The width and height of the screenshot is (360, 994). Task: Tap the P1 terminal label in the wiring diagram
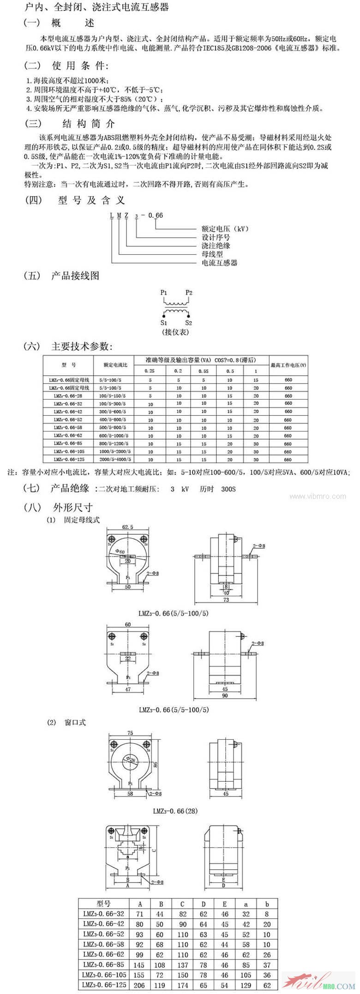tap(164, 293)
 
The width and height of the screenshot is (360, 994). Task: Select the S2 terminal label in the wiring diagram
tap(188, 323)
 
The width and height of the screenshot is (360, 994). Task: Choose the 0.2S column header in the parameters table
tap(150, 371)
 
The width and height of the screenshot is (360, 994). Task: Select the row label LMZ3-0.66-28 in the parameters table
tap(68, 396)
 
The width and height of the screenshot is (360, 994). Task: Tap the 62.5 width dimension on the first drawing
tap(128, 527)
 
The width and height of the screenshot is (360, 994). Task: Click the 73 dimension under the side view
tap(226, 600)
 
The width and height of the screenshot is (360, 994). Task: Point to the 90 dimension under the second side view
tap(225, 695)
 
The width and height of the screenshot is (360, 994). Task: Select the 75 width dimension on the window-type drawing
tap(130, 733)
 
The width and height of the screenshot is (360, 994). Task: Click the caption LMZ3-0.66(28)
tap(175, 810)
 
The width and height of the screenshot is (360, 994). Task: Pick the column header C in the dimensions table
tap(182, 904)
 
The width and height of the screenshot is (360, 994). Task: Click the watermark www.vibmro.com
tap(318, 497)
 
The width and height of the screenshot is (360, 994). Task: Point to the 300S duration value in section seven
tap(228, 489)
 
